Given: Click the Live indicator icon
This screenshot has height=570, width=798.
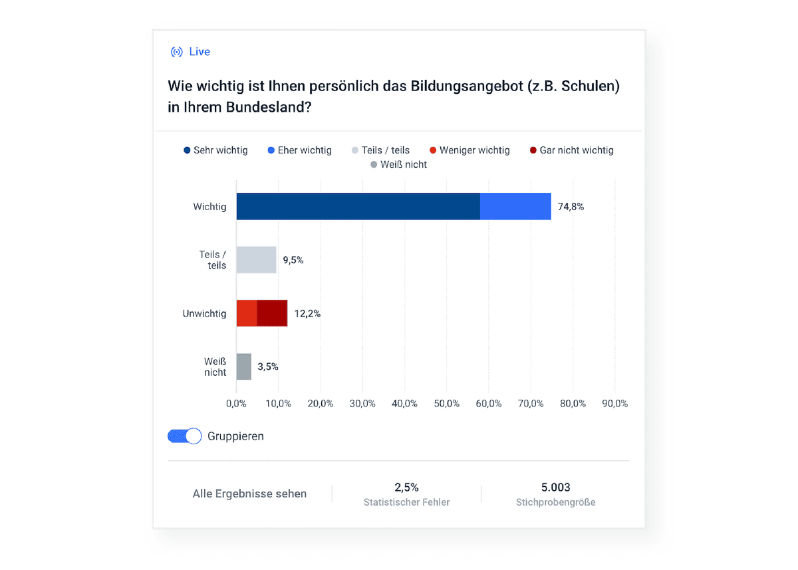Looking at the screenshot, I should click(x=176, y=52).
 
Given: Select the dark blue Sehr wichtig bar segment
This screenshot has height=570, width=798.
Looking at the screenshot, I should click(x=358, y=206).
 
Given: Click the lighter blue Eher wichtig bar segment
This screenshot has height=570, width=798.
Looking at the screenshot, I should click(x=515, y=206).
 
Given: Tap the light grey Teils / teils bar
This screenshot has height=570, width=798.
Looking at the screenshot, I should click(x=256, y=259).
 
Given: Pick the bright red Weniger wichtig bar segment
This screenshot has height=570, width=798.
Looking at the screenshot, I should click(x=247, y=313).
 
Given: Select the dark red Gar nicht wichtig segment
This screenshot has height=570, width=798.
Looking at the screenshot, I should click(x=272, y=313).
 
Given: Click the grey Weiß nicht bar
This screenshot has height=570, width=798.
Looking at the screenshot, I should click(x=244, y=366).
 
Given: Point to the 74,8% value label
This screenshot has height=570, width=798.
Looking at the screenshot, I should click(x=571, y=207).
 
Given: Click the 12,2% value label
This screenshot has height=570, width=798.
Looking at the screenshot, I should click(x=307, y=313).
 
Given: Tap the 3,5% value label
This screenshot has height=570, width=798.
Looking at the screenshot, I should click(x=267, y=366).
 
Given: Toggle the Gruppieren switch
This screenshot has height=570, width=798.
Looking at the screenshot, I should click(x=185, y=436).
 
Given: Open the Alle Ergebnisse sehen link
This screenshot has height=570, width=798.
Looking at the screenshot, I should click(x=249, y=494).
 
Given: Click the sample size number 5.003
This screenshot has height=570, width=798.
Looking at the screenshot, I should click(x=555, y=488).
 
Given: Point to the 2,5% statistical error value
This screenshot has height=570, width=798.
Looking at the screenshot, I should click(x=406, y=488).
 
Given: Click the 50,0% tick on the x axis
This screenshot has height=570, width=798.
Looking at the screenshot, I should click(x=446, y=404).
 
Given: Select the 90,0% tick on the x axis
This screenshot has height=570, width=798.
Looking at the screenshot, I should click(x=614, y=404).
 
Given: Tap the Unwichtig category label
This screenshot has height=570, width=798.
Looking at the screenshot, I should click(x=204, y=313).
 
